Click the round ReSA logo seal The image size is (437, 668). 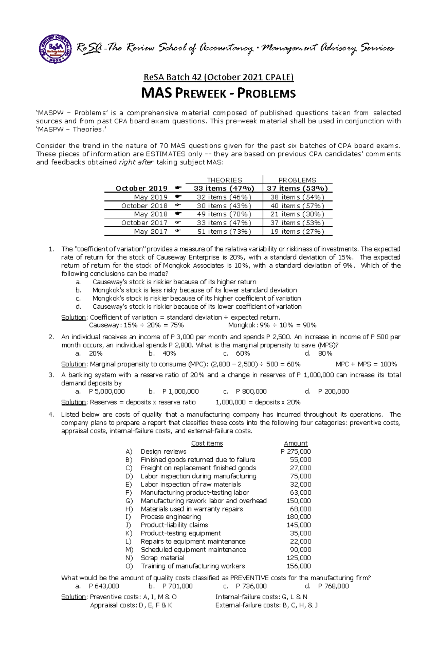(55, 49)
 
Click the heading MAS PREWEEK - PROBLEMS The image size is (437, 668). (218, 94)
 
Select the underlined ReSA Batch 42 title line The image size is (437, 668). (218, 77)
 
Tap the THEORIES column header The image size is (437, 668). (224, 180)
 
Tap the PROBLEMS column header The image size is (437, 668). (297, 180)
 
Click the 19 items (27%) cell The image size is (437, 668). (297, 232)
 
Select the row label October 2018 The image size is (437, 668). (144, 206)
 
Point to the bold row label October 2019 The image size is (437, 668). (141, 189)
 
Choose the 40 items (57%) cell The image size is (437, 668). (297, 206)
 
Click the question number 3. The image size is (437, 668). (51, 375)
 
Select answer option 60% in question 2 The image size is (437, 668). (243, 353)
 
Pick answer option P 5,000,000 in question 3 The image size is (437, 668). (107, 391)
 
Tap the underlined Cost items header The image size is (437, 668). (207, 443)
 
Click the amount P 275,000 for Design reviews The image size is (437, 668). (296, 451)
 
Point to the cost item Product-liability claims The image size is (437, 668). (174, 525)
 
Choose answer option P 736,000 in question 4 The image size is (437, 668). (251, 586)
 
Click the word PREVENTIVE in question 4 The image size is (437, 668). (251, 578)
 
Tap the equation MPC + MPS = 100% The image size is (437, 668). (366, 364)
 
